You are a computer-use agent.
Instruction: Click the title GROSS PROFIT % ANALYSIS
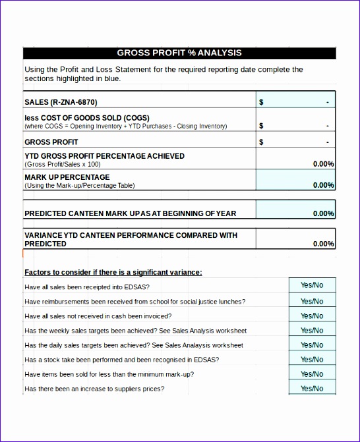click(x=179, y=53)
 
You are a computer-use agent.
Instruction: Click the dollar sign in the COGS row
click(x=261, y=125)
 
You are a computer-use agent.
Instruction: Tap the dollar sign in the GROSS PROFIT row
click(x=261, y=142)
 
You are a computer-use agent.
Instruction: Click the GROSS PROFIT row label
click(x=51, y=142)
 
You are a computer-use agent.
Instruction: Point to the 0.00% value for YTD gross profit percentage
click(x=323, y=164)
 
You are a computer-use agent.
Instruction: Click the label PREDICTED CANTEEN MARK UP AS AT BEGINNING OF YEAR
click(x=130, y=213)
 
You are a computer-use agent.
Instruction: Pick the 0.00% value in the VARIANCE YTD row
click(x=323, y=244)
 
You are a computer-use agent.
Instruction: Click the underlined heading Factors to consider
click(x=113, y=272)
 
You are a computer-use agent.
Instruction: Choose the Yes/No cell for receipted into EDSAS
click(x=312, y=285)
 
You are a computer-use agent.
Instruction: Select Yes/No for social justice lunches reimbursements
click(x=312, y=301)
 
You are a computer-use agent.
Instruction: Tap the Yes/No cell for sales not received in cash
click(x=312, y=316)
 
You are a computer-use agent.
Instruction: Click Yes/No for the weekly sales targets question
click(x=312, y=330)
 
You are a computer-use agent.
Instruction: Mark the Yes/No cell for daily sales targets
click(x=312, y=345)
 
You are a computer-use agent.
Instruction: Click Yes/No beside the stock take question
click(x=312, y=359)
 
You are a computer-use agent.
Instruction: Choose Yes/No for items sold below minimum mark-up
click(x=312, y=373)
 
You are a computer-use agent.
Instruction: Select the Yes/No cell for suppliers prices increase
click(x=312, y=388)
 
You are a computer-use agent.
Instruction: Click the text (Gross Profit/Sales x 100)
click(x=63, y=164)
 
